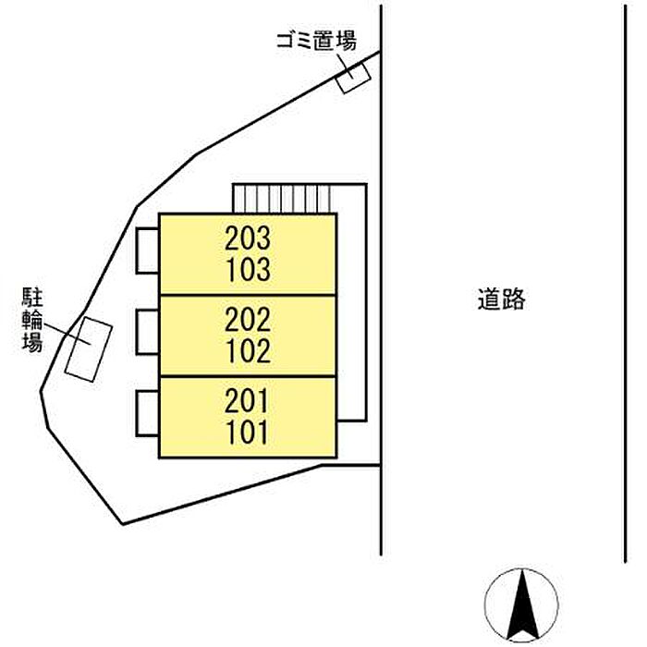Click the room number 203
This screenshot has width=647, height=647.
coord(248,239)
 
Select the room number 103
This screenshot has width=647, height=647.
coord(248,270)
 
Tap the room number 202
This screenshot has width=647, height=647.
coord(248,321)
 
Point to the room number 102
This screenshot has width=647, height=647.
coord(248,351)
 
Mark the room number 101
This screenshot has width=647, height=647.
coord(248,432)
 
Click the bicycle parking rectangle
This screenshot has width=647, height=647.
coord(89,348)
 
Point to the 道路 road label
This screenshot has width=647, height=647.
coord(501,299)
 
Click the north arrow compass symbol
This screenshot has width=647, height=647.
coord(521,602)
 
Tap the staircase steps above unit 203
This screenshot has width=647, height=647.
coord(281,198)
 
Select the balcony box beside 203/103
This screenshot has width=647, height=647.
coord(147,250)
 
